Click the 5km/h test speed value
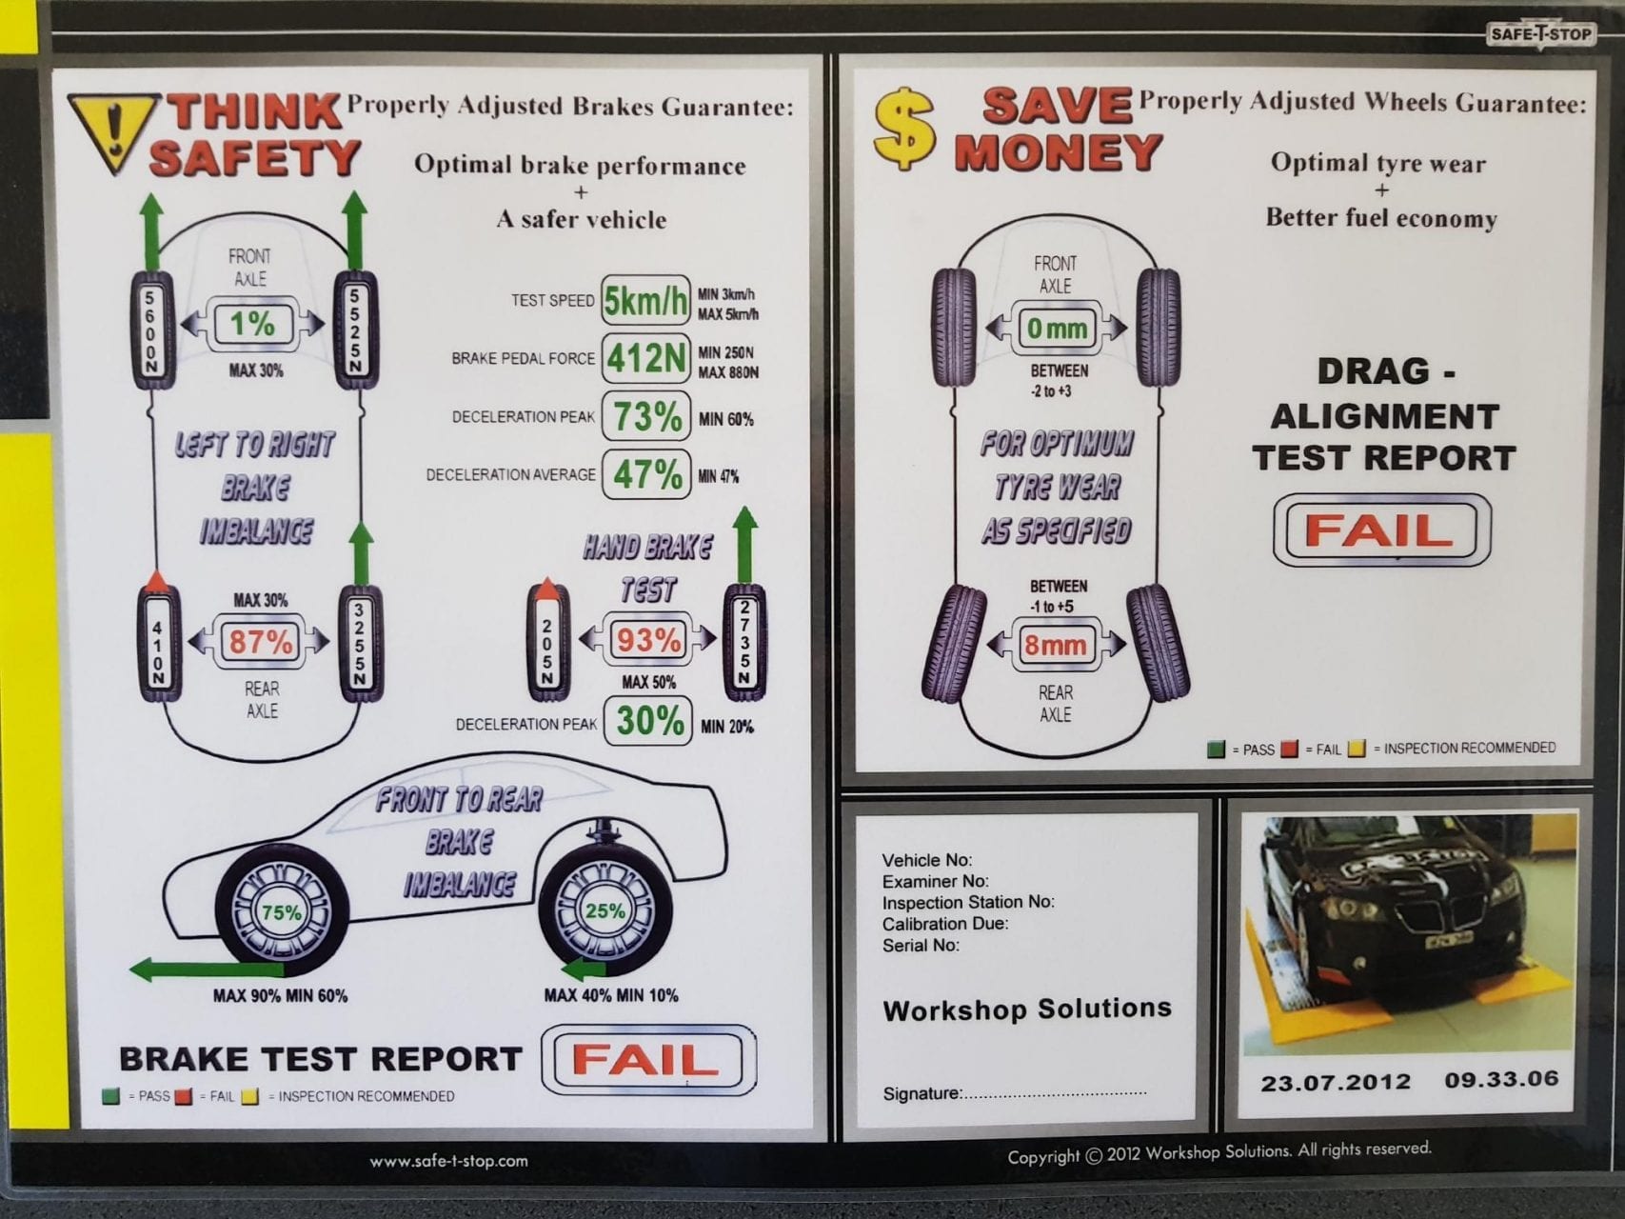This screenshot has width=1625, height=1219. pos(645,301)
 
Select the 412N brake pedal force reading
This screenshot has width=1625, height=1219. pos(645,359)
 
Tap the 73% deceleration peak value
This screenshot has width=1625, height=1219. pos(646,417)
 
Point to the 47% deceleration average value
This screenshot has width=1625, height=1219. pos(646,474)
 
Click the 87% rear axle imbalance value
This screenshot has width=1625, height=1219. pos(259,642)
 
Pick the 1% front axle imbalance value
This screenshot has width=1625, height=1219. pos(252,324)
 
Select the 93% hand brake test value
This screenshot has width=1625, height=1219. pos(647,640)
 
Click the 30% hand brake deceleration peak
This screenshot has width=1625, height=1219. pos(648,722)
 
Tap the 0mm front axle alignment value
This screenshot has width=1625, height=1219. pos(1057,329)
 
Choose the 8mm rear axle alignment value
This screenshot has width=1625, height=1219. pos(1055,646)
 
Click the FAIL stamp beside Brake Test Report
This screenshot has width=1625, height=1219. pos(647,1059)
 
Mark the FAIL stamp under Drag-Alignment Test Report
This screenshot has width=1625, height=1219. pos(1380,530)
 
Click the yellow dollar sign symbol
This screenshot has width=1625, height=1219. pos(903,130)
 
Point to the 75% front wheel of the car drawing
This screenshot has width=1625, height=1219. pos(282,912)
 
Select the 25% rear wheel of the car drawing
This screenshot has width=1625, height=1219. pos(605,910)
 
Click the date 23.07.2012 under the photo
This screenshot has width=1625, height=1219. pos(1336,1083)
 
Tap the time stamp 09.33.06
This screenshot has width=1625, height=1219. pos(1501,1080)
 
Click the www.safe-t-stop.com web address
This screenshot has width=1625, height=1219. pos(448,1161)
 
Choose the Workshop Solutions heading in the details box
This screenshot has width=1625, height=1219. pos(1026,1009)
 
